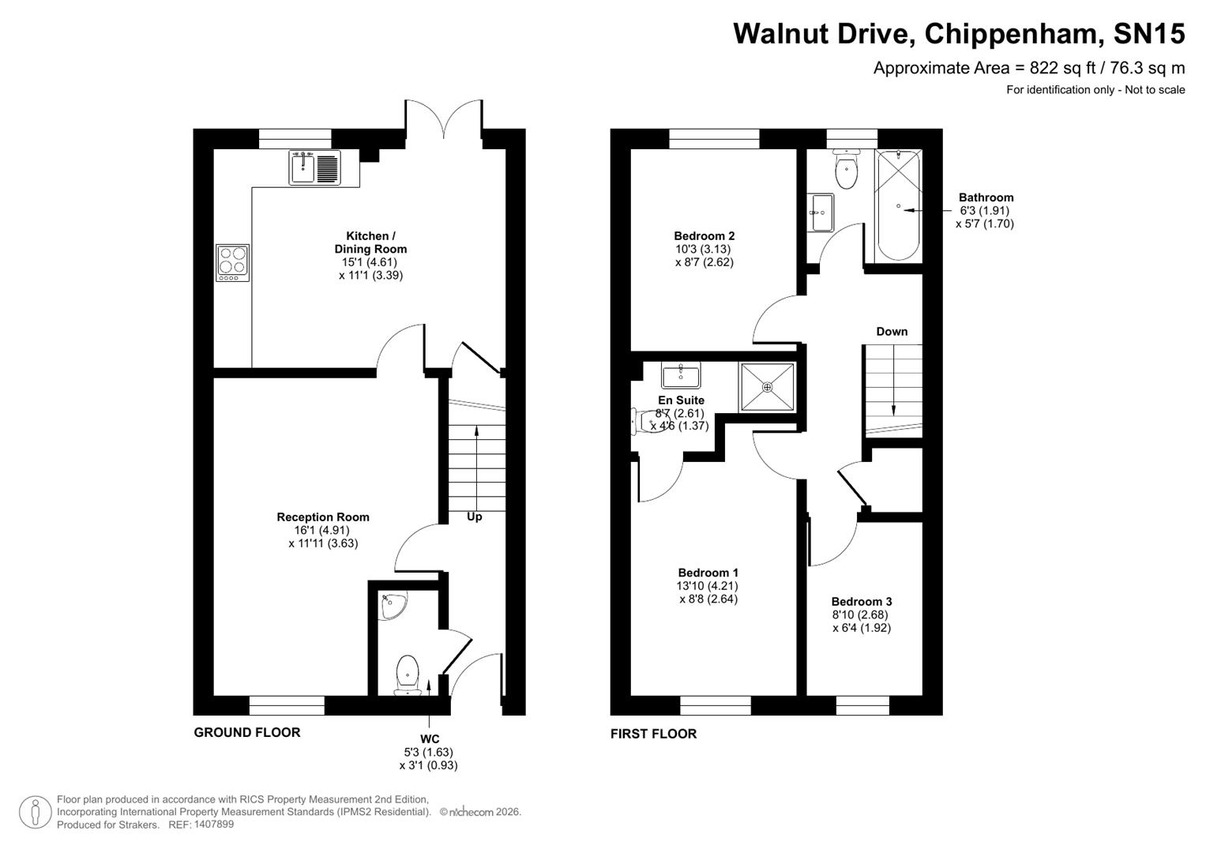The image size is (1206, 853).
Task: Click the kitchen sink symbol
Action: (314, 168)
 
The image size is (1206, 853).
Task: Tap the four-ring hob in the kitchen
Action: (233, 262)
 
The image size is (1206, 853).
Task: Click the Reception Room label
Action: (323, 517)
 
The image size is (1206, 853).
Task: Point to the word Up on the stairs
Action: (475, 517)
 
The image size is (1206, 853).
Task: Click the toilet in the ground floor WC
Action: (408, 674)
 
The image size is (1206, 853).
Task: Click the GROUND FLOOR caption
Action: (247, 732)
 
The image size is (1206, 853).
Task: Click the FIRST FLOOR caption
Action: (653, 734)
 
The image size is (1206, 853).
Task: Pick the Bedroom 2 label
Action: (704, 235)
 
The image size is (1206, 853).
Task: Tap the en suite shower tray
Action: (767, 387)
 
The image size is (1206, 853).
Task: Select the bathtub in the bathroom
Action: (899, 206)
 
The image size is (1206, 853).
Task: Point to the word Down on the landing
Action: (892, 332)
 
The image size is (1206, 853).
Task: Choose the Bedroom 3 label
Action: (862, 601)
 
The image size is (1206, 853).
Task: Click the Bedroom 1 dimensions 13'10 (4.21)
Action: (708, 586)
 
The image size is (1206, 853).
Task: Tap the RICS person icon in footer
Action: (36, 812)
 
